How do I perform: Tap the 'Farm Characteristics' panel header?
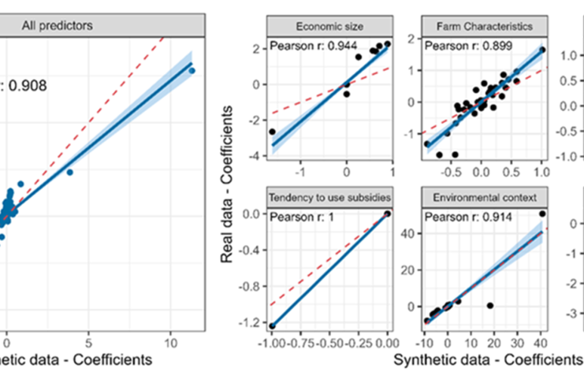pos(484,26)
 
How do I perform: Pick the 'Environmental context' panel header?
pos(484,196)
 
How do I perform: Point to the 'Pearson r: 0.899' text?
pos(463,46)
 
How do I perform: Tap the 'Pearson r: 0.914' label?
pos(463,216)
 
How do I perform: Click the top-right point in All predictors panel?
pos(191,71)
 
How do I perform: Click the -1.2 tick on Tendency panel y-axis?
pos(251,324)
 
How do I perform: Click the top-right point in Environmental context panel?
pos(542,214)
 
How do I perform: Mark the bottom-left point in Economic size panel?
pos(273,132)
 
